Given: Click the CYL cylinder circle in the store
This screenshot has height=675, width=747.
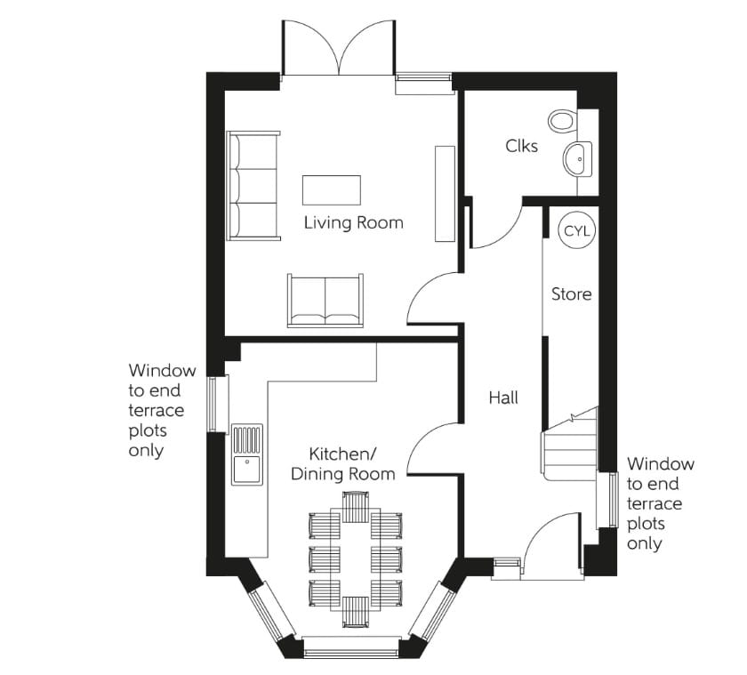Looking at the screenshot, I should [576, 231].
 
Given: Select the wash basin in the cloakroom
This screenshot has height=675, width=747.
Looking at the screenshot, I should [576, 159].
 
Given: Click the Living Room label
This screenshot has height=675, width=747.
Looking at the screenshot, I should [353, 222].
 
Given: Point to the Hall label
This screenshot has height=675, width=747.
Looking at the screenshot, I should [502, 398].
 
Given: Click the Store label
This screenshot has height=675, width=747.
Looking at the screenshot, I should [571, 293].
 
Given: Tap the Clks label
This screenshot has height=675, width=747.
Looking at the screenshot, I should [521, 145].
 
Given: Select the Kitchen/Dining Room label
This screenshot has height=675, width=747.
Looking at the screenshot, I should [342, 463].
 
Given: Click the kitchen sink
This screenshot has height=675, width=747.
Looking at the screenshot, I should [248, 454].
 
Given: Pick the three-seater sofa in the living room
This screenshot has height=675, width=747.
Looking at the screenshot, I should [253, 185].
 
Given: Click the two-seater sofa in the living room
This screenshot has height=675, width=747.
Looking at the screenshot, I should [325, 300].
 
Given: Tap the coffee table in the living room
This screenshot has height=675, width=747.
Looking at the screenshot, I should [332, 189].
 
